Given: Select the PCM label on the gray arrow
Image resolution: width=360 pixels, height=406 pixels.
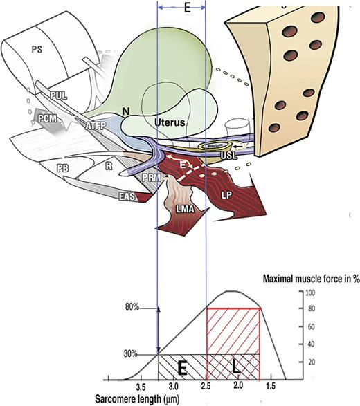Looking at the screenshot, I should [x=48, y=119].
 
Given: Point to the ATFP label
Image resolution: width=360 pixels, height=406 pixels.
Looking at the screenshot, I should [x=95, y=127].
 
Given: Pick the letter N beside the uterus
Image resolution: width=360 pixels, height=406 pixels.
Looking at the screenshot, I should [x=126, y=109].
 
